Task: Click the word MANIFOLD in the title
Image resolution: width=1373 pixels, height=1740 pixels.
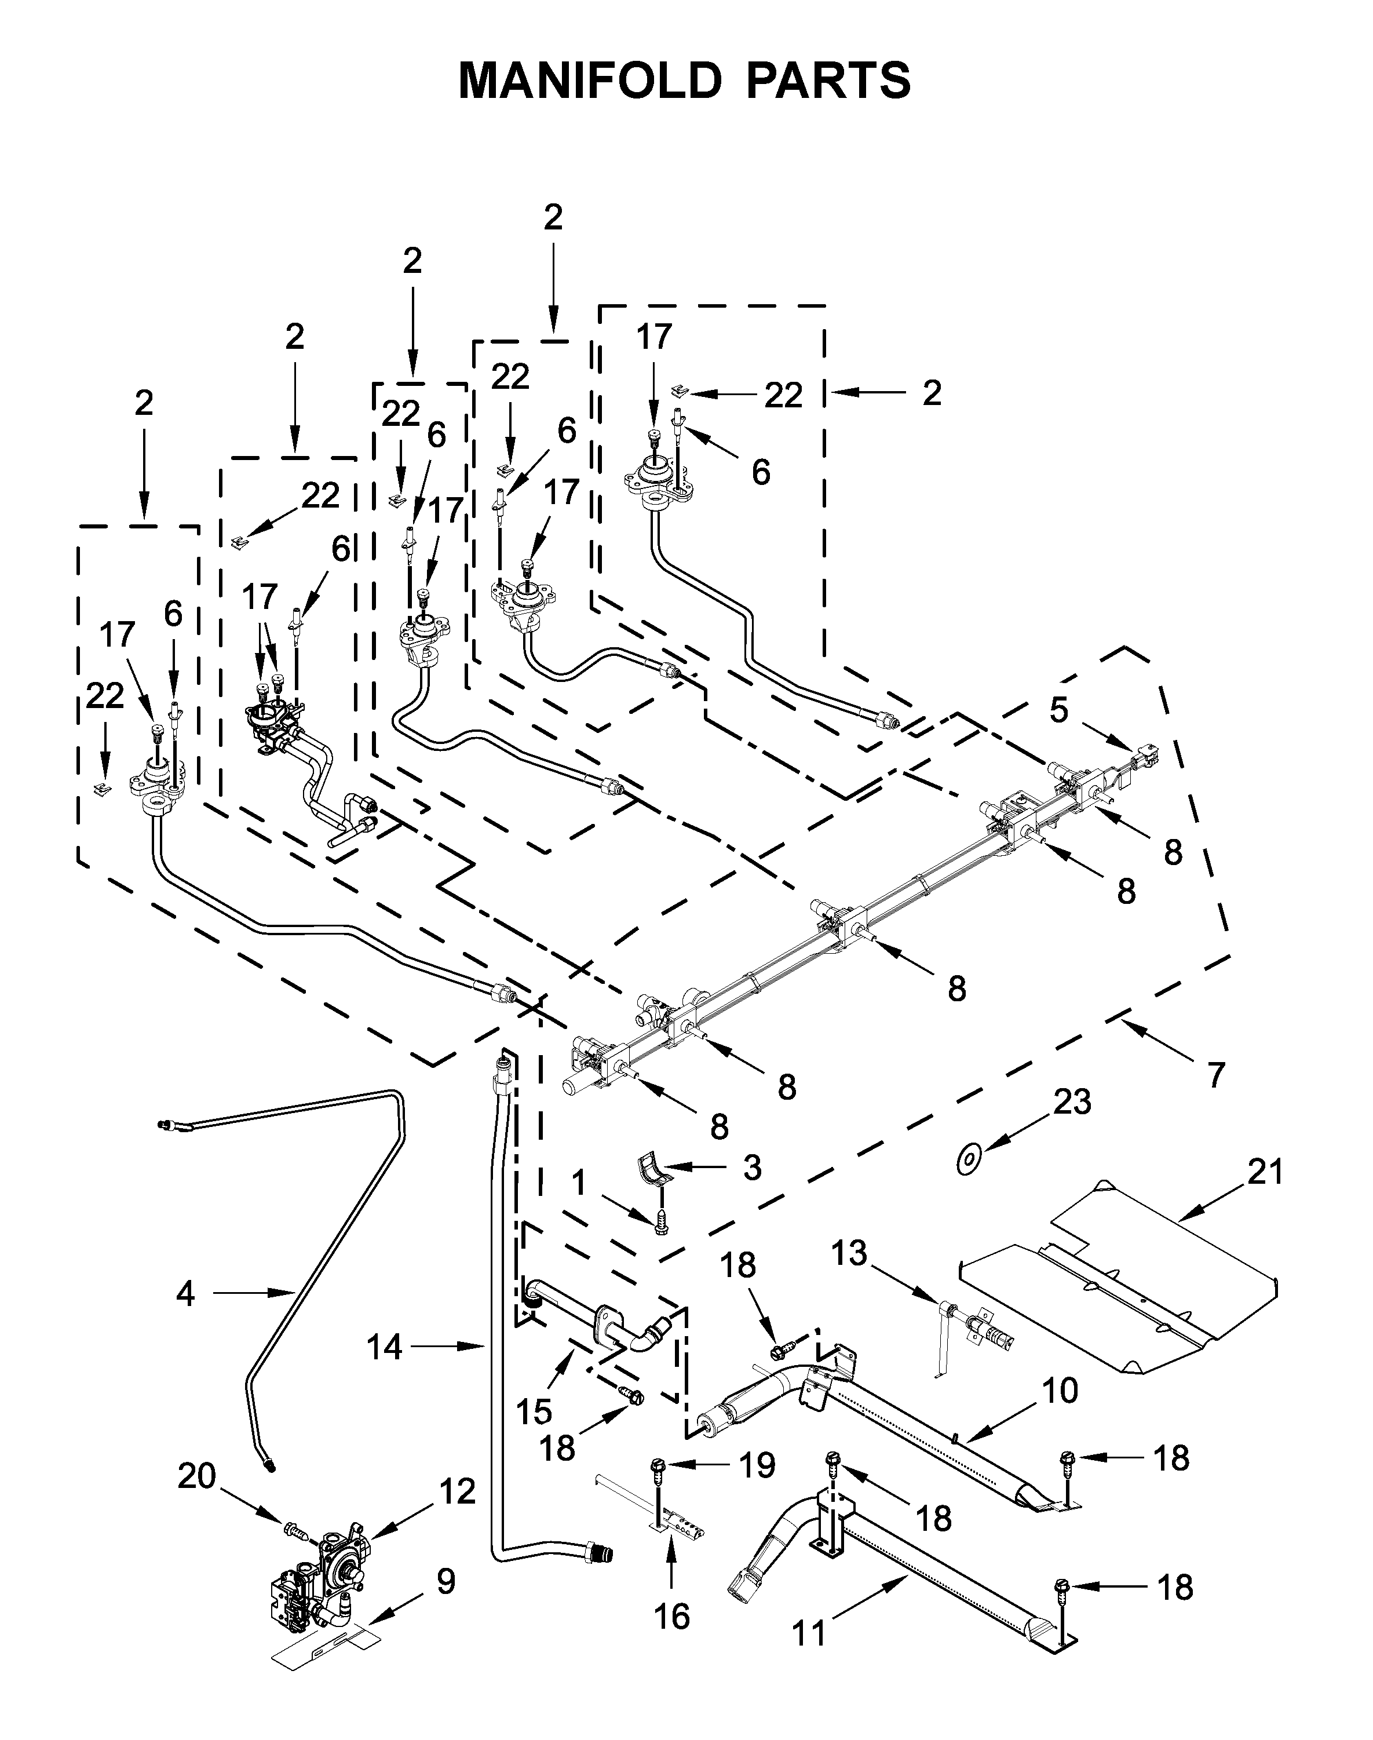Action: (591, 81)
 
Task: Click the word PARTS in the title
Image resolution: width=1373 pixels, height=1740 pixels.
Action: (830, 81)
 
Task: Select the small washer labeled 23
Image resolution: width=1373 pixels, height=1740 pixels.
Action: (969, 1160)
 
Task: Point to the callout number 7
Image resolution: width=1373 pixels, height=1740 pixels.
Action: (1215, 1075)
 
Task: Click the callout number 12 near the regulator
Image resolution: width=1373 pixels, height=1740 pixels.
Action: (458, 1493)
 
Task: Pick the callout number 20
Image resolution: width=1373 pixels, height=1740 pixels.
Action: (197, 1477)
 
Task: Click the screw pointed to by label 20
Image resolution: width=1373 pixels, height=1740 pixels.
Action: (293, 1529)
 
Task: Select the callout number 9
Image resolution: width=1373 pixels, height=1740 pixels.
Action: (446, 1582)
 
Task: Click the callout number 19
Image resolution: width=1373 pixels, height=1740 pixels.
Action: (757, 1466)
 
